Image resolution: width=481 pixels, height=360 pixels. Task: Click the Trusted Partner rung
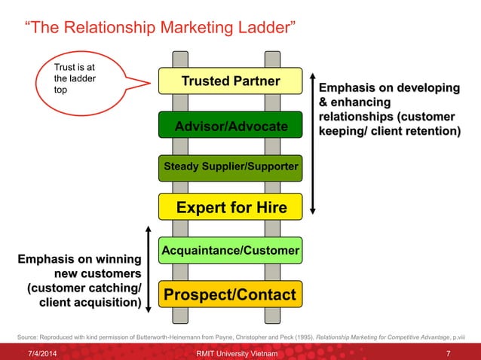[230, 81]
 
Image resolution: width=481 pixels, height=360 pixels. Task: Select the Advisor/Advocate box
[230, 126]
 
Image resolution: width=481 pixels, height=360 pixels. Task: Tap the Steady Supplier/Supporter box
[230, 166]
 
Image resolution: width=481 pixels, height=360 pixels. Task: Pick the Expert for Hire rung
[230, 206]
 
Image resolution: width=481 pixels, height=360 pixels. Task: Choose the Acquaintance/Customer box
[230, 249]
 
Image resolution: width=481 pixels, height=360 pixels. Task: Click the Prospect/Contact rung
[230, 294]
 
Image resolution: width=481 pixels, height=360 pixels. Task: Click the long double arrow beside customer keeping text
[313, 143]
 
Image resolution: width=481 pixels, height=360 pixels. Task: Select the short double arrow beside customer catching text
[149, 267]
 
